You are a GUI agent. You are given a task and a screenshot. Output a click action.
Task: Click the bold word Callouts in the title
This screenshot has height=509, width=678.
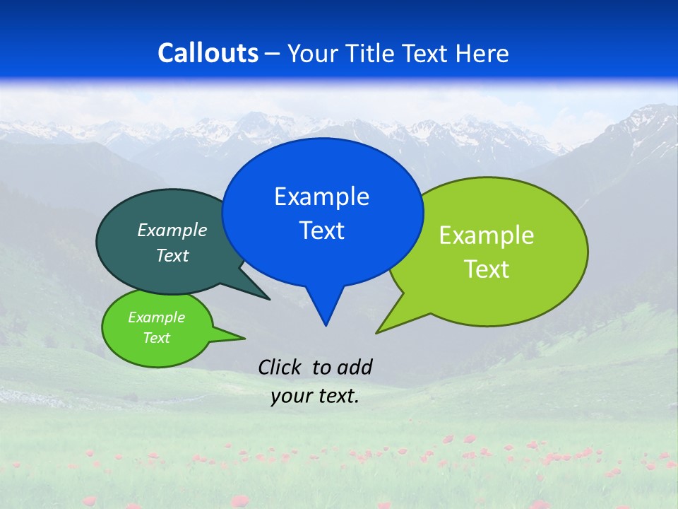(x=208, y=54)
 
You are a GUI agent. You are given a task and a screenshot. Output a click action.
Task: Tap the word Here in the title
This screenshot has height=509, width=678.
(x=482, y=54)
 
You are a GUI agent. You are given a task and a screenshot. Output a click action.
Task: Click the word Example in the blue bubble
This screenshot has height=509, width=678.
(x=321, y=197)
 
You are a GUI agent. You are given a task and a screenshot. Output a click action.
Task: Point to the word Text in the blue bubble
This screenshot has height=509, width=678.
(x=321, y=230)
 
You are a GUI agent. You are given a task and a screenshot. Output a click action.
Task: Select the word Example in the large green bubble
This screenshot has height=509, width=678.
(x=487, y=235)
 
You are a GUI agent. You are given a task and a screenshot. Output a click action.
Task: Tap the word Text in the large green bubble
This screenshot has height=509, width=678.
(x=487, y=269)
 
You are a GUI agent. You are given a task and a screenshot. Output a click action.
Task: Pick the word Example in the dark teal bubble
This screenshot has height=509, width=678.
(x=172, y=230)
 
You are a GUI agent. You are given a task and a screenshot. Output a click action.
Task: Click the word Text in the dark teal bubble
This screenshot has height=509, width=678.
(x=172, y=256)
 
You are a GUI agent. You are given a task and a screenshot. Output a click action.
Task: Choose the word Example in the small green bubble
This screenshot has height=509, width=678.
(x=156, y=317)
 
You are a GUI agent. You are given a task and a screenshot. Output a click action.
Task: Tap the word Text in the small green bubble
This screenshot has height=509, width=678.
(x=156, y=338)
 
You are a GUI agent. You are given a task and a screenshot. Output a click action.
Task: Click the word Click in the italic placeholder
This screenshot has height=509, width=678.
(x=281, y=367)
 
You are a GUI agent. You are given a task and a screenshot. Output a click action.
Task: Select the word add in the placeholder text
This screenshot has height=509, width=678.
(x=354, y=367)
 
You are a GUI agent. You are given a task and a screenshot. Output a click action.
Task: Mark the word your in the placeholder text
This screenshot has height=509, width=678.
(x=292, y=397)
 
